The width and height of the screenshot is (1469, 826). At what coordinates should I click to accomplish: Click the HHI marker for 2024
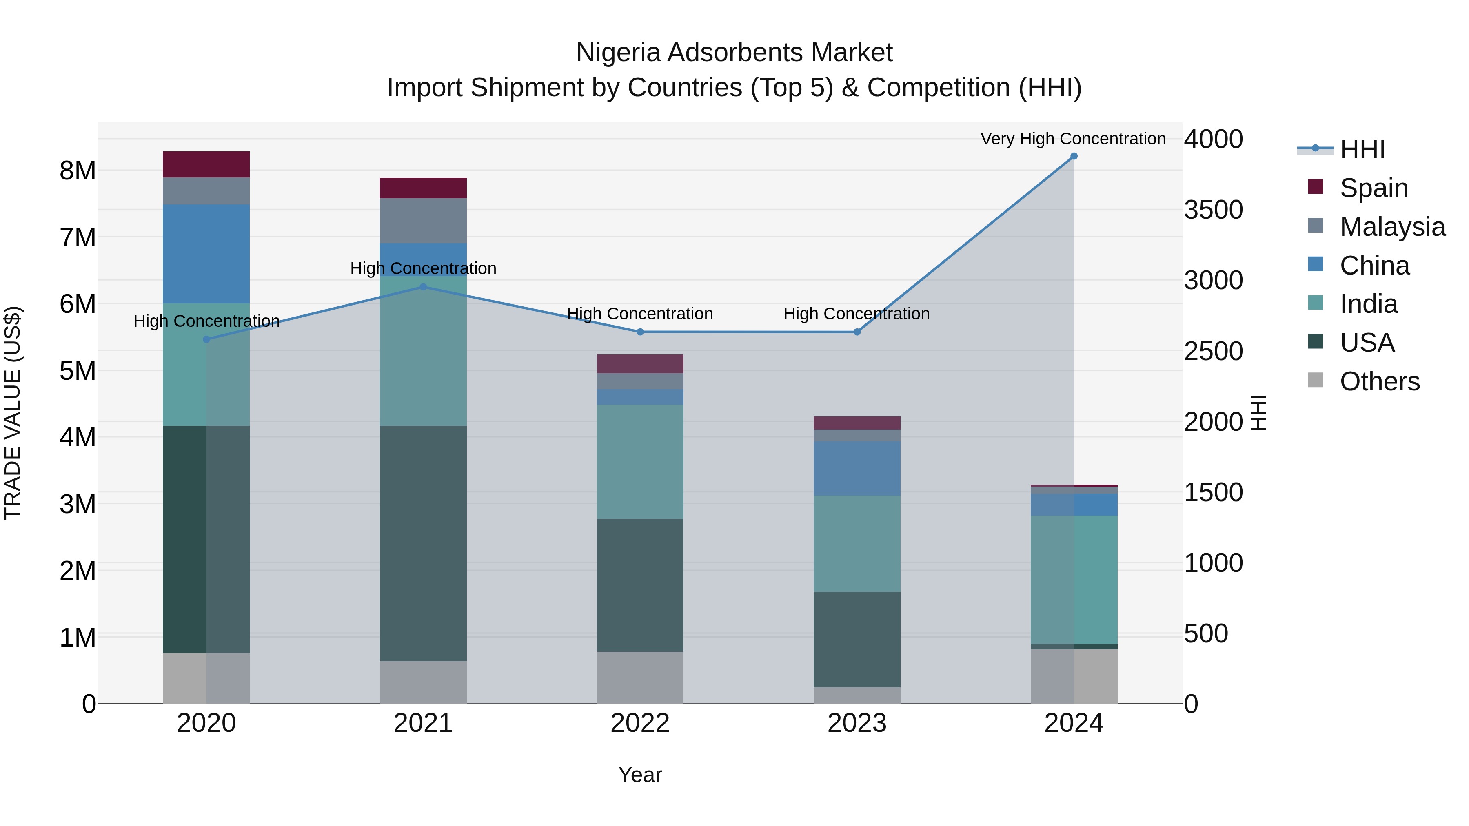1074,156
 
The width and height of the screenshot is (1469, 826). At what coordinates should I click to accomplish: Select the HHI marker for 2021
423,287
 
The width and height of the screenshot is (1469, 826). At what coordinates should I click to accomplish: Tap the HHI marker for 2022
640,332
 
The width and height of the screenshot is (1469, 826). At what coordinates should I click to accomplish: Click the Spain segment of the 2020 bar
206,164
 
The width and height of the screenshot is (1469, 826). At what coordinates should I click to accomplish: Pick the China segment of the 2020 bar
206,254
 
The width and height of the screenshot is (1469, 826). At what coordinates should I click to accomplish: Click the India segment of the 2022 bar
640,461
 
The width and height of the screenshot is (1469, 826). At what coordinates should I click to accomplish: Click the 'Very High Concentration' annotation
1073,139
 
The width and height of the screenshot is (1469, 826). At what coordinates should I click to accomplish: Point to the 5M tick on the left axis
78,370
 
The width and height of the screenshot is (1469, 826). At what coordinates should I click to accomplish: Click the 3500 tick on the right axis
1213,209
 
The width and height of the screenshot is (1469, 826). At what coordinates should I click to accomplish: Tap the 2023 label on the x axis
857,723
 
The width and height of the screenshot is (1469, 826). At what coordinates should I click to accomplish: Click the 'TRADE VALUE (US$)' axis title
13,413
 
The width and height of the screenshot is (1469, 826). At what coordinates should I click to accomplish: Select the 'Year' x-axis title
640,775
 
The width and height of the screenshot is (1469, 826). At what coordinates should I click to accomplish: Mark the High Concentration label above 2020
206,321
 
